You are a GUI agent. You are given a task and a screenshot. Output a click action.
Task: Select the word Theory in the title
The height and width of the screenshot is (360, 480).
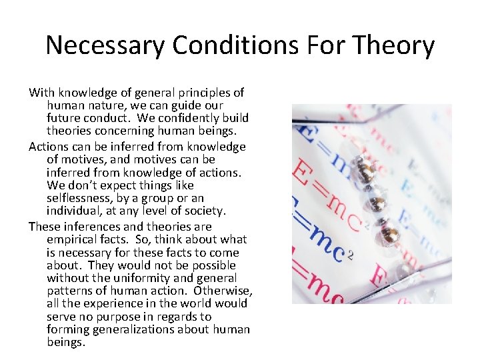click(x=395, y=45)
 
